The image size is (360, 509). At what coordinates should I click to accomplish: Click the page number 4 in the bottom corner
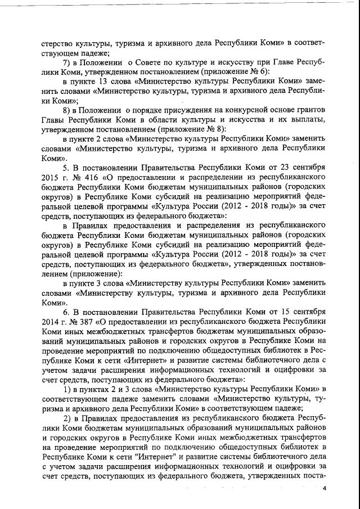tap(324, 488)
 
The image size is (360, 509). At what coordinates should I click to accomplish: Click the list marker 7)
tap(67, 61)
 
